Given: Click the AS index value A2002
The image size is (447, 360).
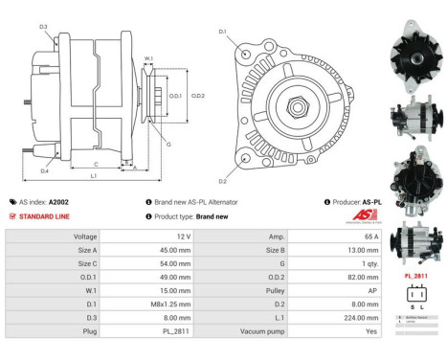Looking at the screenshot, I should (x=58, y=202).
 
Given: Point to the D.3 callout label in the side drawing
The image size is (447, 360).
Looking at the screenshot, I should (x=44, y=26).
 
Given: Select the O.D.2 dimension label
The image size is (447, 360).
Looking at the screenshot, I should (x=198, y=96).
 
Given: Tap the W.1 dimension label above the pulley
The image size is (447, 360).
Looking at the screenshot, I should (x=148, y=59).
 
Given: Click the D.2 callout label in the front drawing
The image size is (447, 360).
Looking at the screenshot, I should (x=222, y=180).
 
